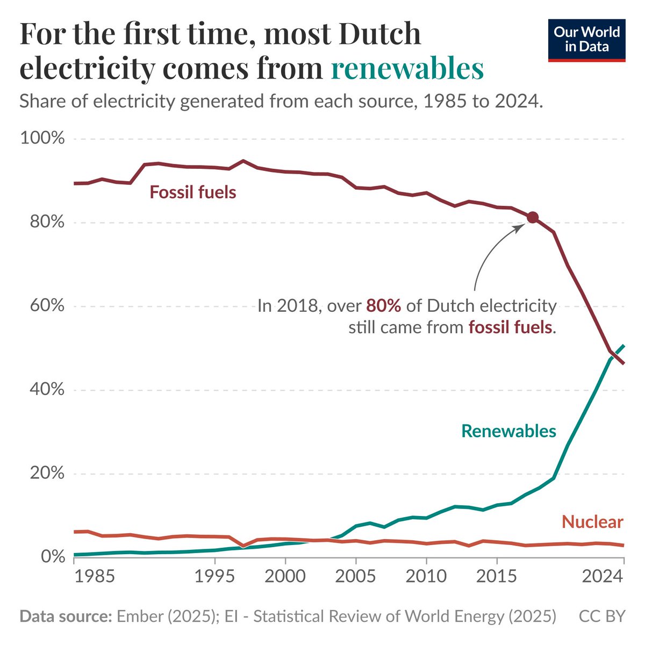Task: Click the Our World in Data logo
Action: (x=586, y=40)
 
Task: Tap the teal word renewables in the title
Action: (x=407, y=69)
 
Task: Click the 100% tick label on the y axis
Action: (x=42, y=139)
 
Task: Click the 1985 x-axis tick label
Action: (x=95, y=576)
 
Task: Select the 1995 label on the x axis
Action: (x=214, y=576)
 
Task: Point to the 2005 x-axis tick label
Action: (x=355, y=576)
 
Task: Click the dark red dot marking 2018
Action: (x=532, y=217)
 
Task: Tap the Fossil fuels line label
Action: (x=193, y=192)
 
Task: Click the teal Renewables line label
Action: (x=508, y=431)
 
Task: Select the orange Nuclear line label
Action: (x=592, y=521)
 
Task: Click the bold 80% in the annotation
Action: (x=384, y=306)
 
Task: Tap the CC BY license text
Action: (x=602, y=616)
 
